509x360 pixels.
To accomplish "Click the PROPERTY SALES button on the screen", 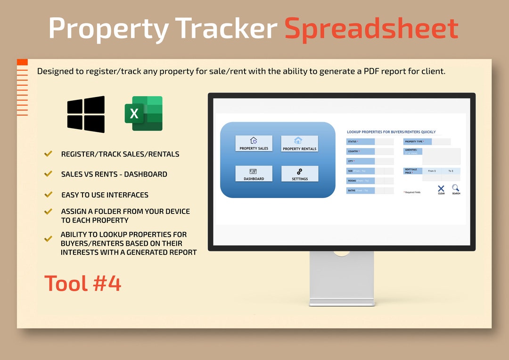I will click(x=254, y=143).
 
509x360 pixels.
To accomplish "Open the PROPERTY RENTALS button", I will click(x=299, y=144).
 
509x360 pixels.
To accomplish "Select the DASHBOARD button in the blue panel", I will click(x=254, y=173).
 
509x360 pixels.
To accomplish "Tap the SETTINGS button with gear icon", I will click(x=299, y=173).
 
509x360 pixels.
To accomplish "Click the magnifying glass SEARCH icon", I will click(x=456, y=188).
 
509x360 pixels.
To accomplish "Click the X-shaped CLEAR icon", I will click(x=441, y=189).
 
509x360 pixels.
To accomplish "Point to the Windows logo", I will click(x=86, y=114).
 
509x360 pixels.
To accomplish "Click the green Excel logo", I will click(x=144, y=114).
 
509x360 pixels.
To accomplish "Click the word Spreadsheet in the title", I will click(x=371, y=28).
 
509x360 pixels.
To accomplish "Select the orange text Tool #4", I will click(x=83, y=283).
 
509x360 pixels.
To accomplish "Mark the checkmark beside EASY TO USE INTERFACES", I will click(x=48, y=194).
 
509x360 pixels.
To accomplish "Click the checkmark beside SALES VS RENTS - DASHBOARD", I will click(x=48, y=173).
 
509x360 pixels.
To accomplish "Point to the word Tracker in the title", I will click(x=226, y=28).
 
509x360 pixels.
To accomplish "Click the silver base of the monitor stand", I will click(x=342, y=302).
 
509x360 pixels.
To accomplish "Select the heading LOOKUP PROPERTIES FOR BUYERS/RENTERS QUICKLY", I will click(x=391, y=132).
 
